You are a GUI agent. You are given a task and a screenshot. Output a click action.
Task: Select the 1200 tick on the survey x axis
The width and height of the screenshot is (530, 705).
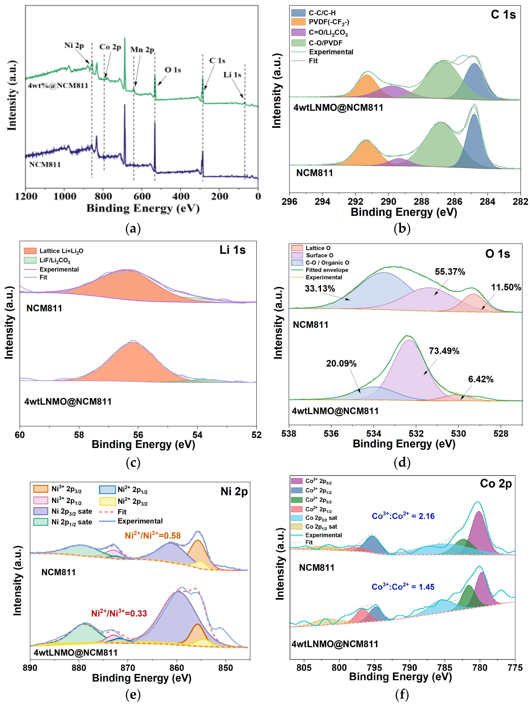tap(26, 196)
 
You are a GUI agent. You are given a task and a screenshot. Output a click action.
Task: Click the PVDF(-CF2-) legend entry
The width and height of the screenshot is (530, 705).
tap(329, 22)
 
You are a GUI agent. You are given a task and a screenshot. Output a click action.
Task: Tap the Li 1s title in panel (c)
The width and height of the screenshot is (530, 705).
tap(232, 250)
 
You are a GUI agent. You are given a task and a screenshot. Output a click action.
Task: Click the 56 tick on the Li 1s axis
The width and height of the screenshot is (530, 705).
tap(138, 435)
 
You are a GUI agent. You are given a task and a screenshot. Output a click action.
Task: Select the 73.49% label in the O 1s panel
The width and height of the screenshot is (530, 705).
tap(444, 351)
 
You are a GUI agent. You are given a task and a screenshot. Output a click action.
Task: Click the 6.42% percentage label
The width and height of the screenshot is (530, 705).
tap(481, 379)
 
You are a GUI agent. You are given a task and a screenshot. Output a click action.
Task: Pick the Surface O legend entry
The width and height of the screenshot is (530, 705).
tap(319, 255)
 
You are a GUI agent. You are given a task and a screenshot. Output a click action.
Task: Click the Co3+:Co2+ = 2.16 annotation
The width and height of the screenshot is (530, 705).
tap(403, 516)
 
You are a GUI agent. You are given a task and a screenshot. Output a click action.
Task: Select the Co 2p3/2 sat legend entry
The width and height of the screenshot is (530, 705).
tap(321, 518)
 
